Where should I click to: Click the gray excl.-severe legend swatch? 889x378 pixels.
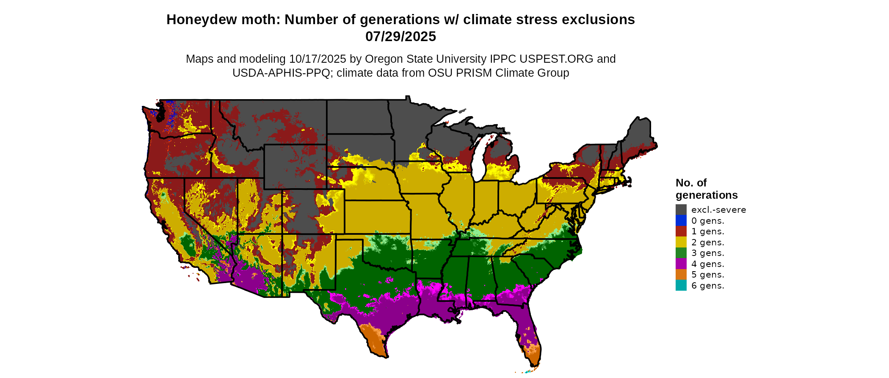pos(681,210)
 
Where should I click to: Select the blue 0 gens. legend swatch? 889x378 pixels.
pos(681,221)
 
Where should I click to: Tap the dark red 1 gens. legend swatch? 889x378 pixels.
pos(681,231)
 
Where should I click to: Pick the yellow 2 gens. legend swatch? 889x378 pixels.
pos(681,242)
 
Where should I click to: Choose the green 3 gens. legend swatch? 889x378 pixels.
pos(681,253)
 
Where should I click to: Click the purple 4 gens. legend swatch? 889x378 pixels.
pos(681,264)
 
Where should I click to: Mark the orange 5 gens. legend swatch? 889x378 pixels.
pos(681,275)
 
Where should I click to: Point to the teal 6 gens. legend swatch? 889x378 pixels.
pos(681,286)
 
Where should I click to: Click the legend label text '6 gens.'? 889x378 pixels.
pos(708,286)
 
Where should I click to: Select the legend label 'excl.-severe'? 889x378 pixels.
pos(718,210)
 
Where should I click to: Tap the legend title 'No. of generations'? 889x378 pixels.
pos(706,189)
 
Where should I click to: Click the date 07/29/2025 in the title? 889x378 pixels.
pos(400,36)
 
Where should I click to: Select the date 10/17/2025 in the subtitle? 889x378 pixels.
pos(318,59)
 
